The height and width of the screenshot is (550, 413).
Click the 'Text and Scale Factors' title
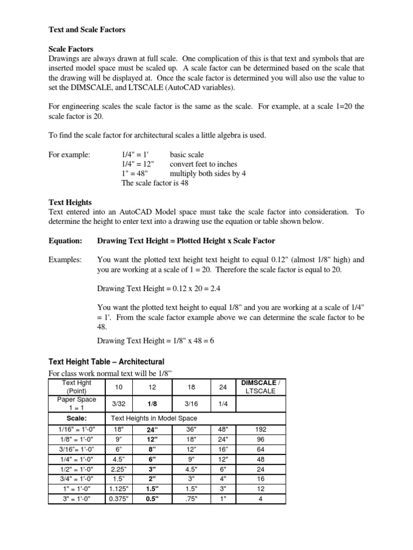click(87, 30)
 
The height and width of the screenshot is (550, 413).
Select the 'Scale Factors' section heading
click(71, 49)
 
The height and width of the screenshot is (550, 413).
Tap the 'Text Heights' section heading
click(70, 202)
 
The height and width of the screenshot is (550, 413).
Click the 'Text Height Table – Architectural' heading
click(106, 361)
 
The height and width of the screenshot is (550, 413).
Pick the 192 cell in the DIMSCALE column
click(261, 430)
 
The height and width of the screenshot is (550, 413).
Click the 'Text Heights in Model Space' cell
click(154, 418)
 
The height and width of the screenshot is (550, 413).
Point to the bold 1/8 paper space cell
click(152, 403)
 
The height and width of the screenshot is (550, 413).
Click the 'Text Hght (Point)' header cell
click(77, 387)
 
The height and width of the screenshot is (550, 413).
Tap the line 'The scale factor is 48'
click(155, 183)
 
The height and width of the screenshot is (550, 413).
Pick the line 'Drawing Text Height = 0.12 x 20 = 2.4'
click(159, 288)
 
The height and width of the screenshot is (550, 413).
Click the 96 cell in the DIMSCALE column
click(261, 439)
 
